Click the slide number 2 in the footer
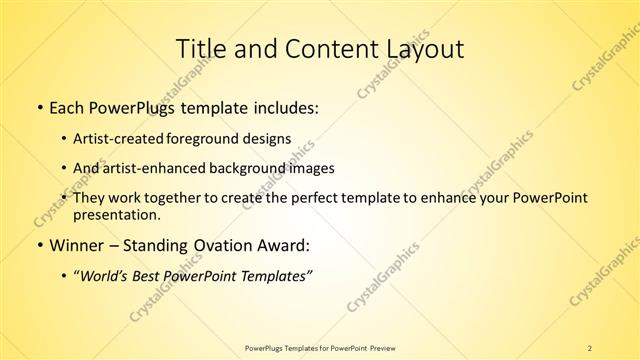click(x=590, y=347)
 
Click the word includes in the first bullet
click(x=284, y=106)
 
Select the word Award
click(x=284, y=244)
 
